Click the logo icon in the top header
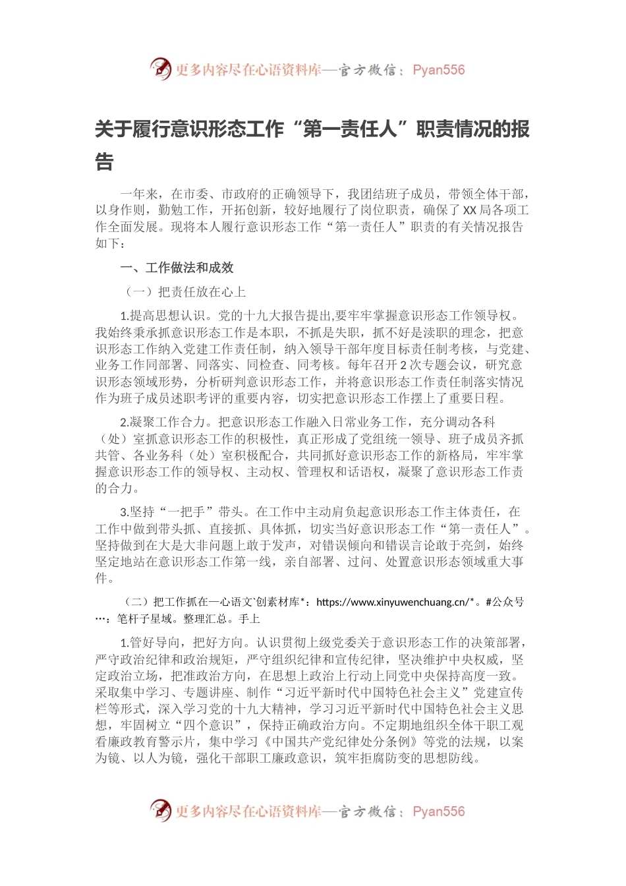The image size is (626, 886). pyautogui.click(x=160, y=69)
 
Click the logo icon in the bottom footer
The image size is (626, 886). pyautogui.click(x=160, y=810)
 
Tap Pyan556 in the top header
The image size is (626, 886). pyautogui.click(x=438, y=70)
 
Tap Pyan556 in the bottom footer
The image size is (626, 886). pyautogui.click(x=438, y=812)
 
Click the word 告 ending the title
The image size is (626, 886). pyautogui.click(x=104, y=162)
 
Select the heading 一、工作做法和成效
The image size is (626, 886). pyautogui.click(x=177, y=268)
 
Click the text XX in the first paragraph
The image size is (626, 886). pyautogui.click(x=470, y=210)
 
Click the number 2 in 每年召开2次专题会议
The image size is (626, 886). pyautogui.click(x=404, y=365)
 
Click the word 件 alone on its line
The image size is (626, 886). pyautogui.click(x=101, y=578)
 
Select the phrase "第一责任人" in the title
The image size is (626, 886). pyautogui.click(x=350, y=129)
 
